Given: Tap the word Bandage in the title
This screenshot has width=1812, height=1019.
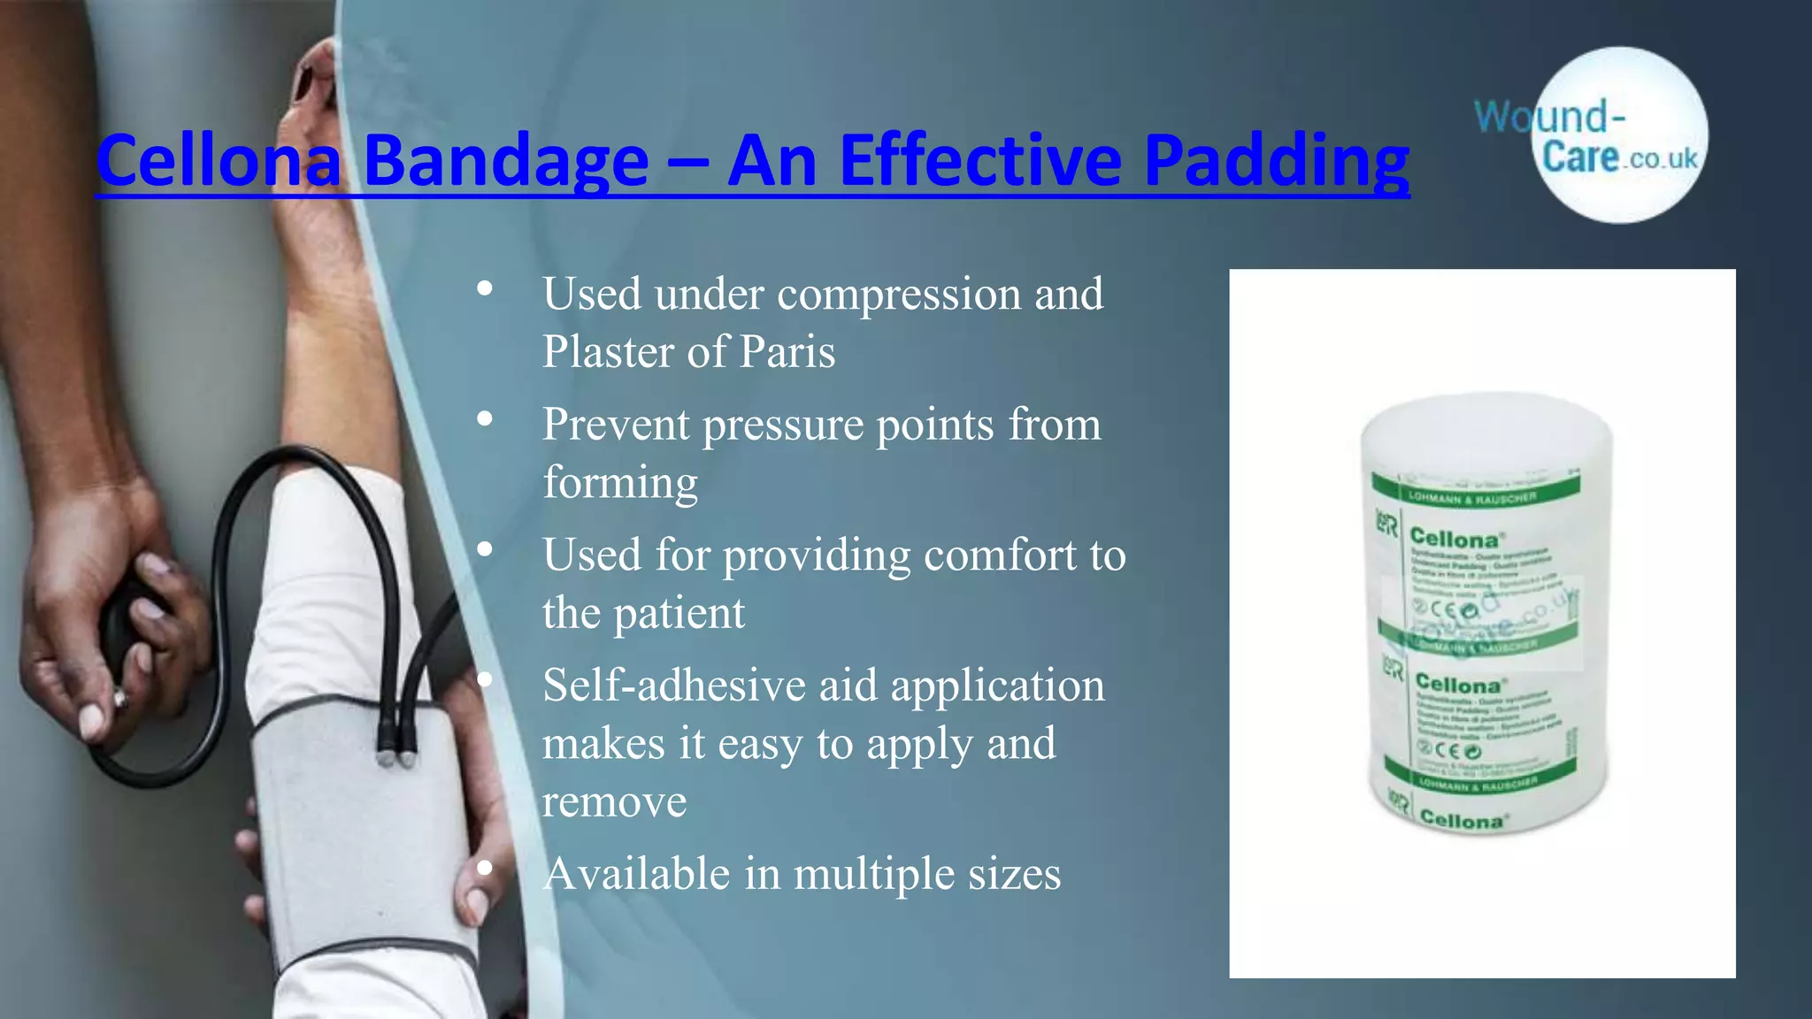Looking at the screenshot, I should point(506,161).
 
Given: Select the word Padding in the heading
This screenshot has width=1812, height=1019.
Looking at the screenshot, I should point(1276,161).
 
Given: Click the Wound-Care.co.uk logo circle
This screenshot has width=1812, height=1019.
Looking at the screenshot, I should point(1619,135).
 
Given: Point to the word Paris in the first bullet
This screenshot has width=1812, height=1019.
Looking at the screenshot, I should point(787,352).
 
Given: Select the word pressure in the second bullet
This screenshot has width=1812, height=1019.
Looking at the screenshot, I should point(784,425).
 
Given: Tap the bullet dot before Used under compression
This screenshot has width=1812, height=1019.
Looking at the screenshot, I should point(484,289).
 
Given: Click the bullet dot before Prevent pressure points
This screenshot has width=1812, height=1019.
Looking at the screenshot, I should point(484,419).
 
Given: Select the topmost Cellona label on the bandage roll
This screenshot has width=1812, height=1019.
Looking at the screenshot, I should point(1454,538).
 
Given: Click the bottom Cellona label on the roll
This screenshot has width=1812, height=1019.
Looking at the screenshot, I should point(1461,820).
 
